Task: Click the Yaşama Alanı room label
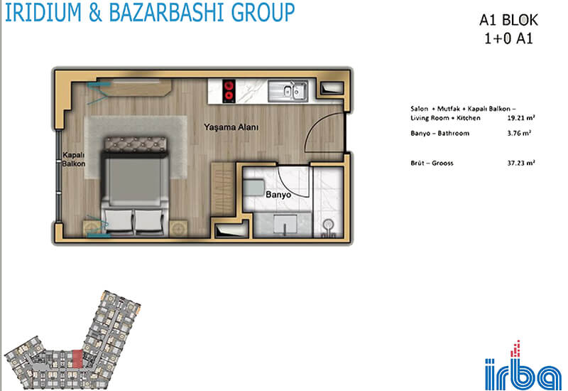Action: pos(231,127)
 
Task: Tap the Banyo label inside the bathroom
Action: pos(278,195)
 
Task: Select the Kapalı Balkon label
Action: pos(74,159)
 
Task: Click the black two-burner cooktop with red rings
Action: pos(228,91)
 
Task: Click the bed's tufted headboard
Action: pos(135,144)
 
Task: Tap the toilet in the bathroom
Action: pos(329,228)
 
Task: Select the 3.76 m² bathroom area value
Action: pos(519,133)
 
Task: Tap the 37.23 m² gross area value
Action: pos(521,163)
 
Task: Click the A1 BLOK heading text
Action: pos(508,21)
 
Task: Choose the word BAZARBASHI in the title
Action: pos(167,12)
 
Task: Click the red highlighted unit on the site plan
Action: pos(77,359)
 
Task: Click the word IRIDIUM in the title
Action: pos(43,12)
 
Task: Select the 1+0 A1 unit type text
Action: pos(508,38)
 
